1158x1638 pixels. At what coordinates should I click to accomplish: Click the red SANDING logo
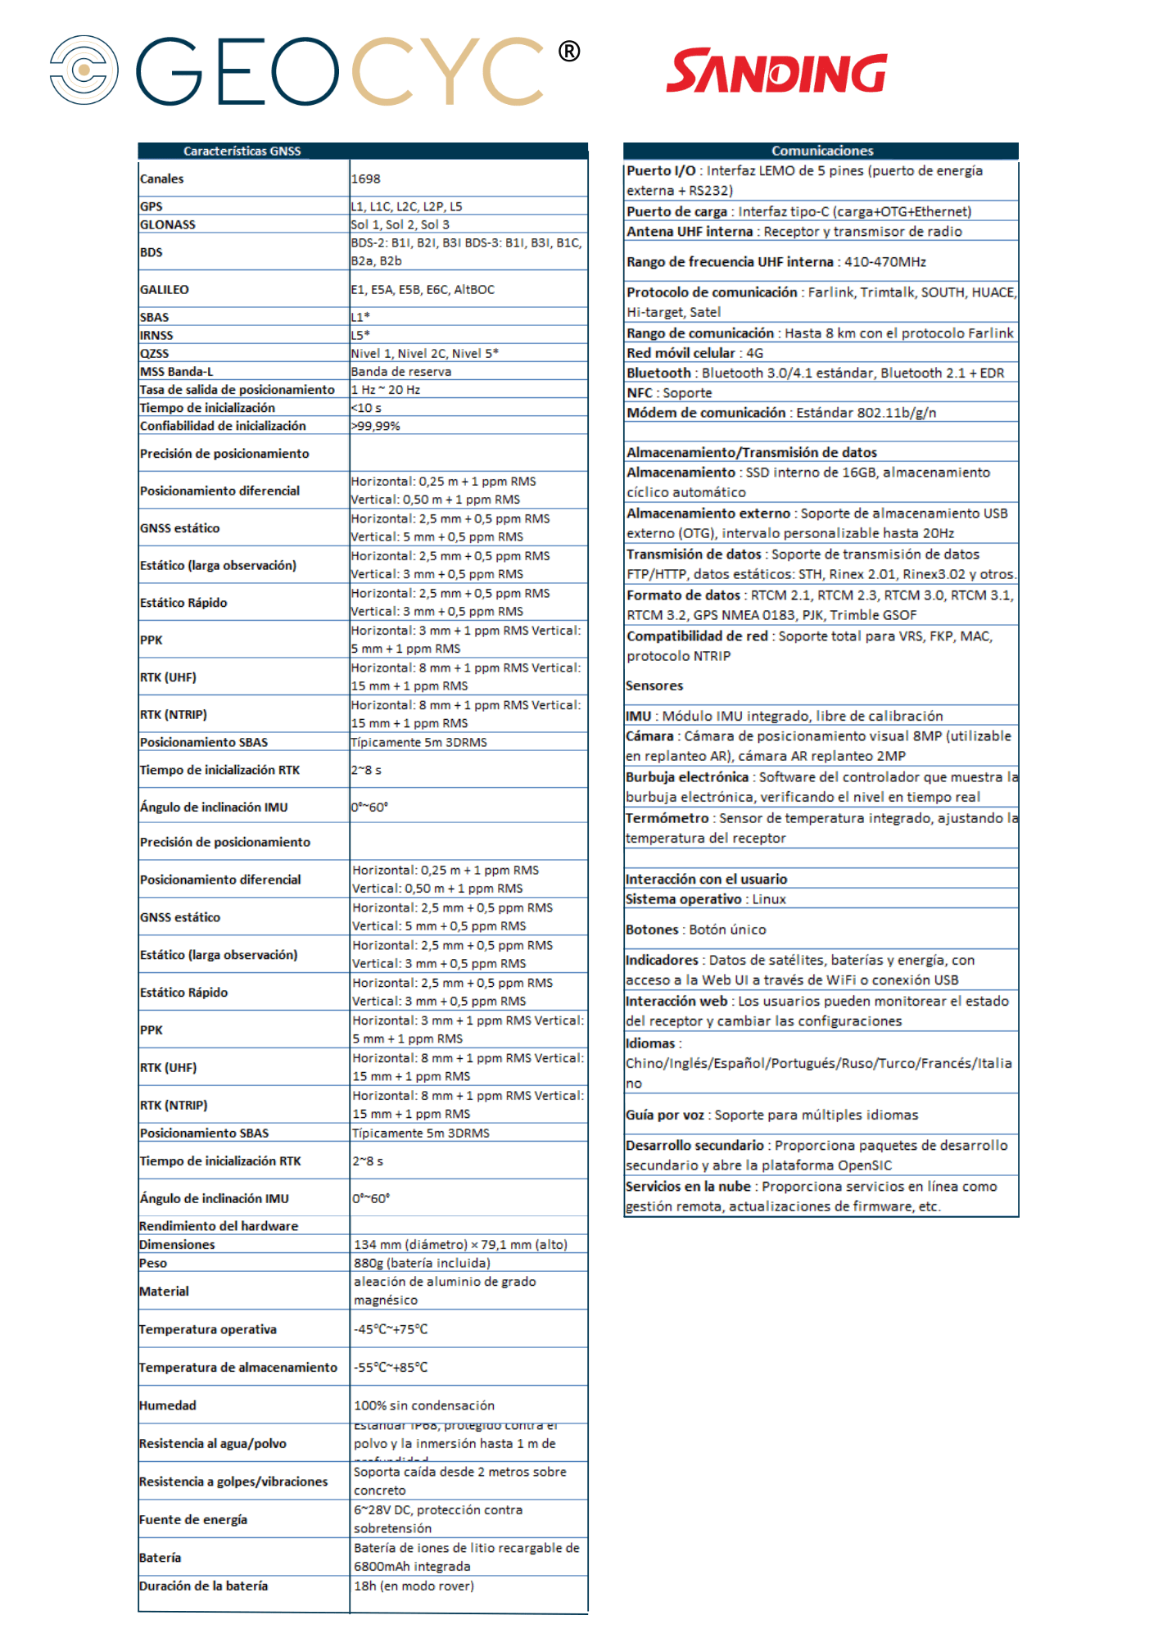click(776, 72)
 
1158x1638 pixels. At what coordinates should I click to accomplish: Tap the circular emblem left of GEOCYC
click(84, 70)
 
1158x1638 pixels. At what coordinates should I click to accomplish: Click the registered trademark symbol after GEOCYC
click(569, 52)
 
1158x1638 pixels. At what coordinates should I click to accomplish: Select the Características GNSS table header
click(242, 151)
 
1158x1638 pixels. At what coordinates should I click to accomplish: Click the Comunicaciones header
click(821, 151)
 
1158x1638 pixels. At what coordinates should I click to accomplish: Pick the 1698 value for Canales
click(366, 179)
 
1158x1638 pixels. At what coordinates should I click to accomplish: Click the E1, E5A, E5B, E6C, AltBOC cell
click(423, 289)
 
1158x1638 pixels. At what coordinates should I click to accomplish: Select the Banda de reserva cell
click(401, 371)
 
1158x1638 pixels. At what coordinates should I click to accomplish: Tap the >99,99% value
click(376, 426)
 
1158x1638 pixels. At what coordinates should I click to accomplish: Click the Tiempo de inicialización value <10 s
click(366, 408)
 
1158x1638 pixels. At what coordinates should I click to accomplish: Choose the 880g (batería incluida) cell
click(422, 1263)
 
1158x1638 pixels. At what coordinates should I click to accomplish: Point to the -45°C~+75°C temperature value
click(391, 1329)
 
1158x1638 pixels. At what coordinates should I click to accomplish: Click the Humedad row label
click(168, 1405)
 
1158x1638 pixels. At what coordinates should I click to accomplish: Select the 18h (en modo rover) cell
click(414, 1586)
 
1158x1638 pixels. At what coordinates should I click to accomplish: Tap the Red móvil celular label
click(681, 353)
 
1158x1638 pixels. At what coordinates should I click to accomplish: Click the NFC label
click(640, 393)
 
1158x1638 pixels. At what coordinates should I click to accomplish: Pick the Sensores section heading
click(654, 686)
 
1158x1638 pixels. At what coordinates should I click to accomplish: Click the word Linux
click(769, 899)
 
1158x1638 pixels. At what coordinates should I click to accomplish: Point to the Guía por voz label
click(665, 1115)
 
